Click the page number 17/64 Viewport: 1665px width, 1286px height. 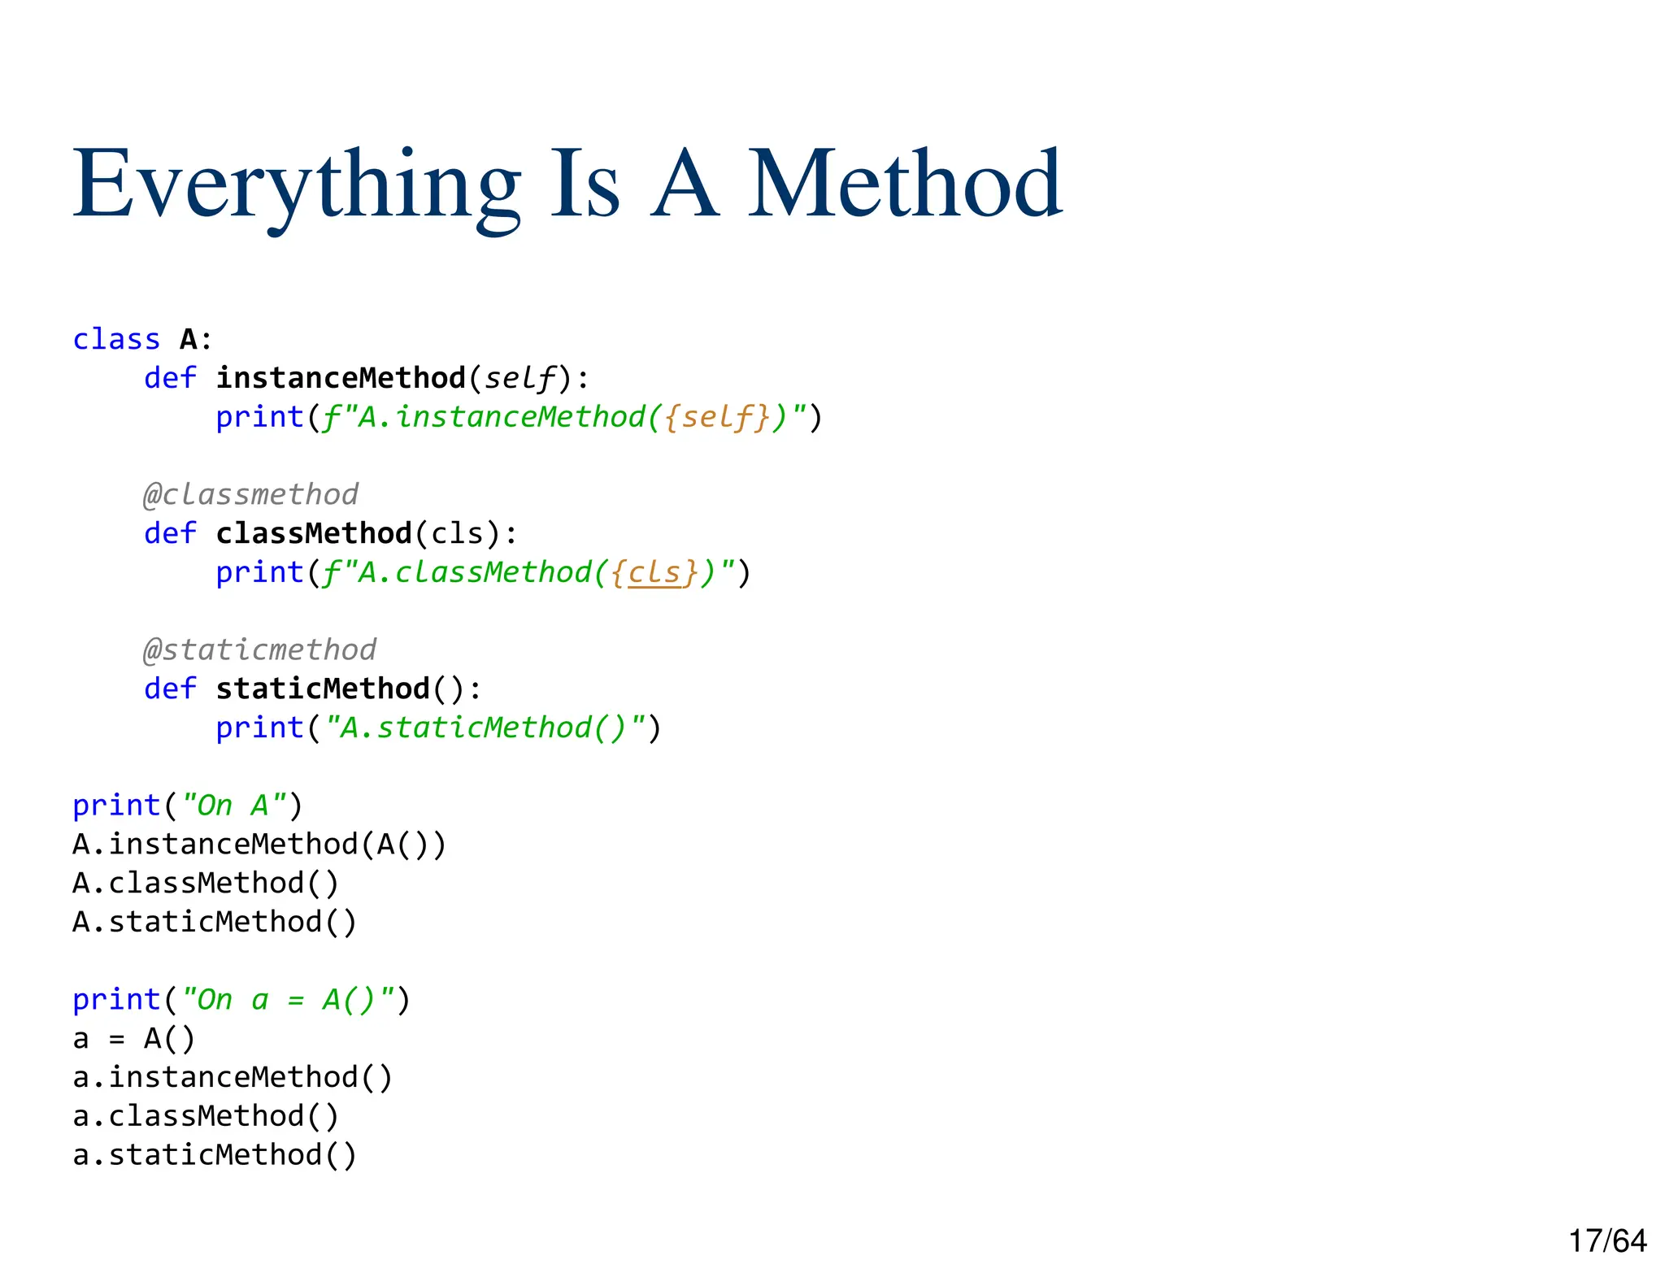tap(1607, 1241)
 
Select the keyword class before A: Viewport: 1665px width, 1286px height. tap(116, 339)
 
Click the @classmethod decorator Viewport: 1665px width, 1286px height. tap(251, 494)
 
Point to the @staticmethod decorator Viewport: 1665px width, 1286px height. tap(260, 650)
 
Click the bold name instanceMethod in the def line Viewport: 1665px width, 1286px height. tap(341, 378)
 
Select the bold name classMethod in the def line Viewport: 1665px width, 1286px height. tap(314, 533)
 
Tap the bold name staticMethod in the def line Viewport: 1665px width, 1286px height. tap(323, 689)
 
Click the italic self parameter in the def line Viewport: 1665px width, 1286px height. tap(520, 378)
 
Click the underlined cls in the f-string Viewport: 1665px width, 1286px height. tap(654, 572)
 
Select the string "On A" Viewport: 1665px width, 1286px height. tap(233, 806)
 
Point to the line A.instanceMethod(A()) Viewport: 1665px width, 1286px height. tap(259, 845)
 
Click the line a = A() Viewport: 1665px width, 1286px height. tap(134, 1039)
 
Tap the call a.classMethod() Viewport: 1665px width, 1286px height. tap(206, 1116)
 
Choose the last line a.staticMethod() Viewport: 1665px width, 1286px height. tap(215, 1155)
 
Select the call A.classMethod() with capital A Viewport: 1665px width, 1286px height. tap(206, 884)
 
